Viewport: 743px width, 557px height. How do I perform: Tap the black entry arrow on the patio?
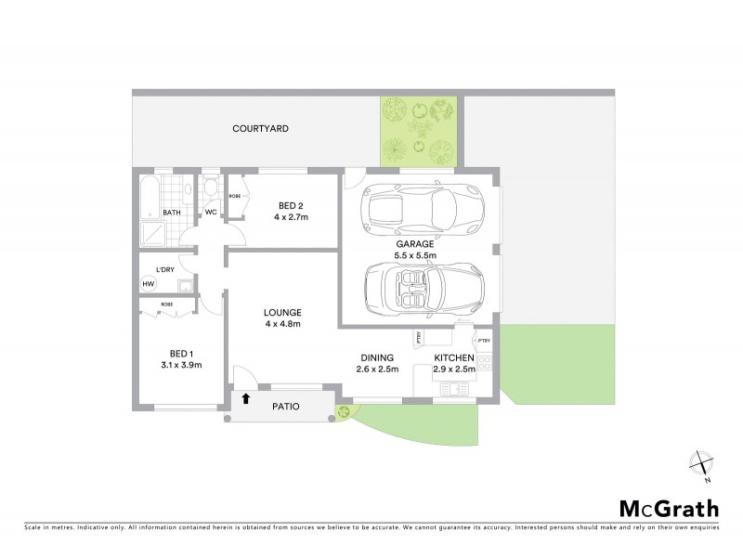pyautogui.click(x=246, y=399)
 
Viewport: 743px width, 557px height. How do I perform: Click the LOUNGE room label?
pyautogui.click(x=282, y=312)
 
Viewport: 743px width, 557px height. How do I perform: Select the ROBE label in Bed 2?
pyautogui.click(x=236, y=197)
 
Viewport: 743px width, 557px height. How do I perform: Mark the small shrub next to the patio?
pyautogui.click(x=345, y=411)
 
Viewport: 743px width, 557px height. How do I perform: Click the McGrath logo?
pyautogui.click(x=668, y=508)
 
